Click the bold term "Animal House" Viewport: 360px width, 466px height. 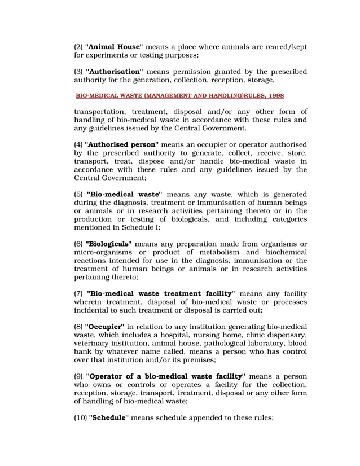tap(114, 47)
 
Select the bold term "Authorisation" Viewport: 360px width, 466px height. tap(115, 71)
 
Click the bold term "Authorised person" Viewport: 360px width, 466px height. tap(121, 144)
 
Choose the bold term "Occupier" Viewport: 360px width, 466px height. tap(106, 327)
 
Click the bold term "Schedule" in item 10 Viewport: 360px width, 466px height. tap(109, 417)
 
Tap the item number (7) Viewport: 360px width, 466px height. tap(78, 294)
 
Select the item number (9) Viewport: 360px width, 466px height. tap(78, 376)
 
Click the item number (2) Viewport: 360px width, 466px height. tap(78, 47)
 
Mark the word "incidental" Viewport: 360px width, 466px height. tap(92, 310)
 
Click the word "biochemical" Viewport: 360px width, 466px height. tap(284, 252)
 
